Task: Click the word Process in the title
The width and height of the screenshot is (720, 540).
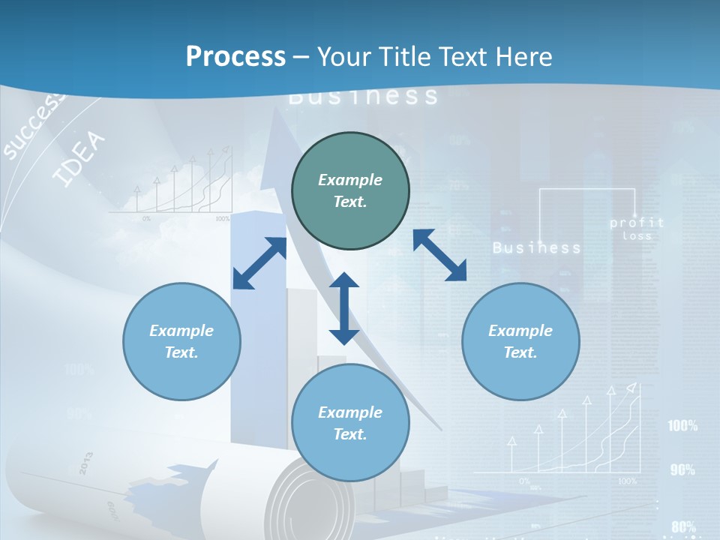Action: [235, 57]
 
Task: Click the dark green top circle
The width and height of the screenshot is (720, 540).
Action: [350, 191]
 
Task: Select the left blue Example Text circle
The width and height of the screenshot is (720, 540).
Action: [181, 341]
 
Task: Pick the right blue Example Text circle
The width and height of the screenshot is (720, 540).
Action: [520, 341]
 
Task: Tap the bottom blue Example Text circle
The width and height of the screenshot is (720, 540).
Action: [350, 423]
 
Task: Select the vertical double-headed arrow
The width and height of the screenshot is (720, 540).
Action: [344, 308]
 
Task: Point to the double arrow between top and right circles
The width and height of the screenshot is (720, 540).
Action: [439, 255]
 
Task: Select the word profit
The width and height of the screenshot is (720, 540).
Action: [637, 223]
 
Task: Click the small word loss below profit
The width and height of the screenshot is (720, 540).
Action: [637, 236]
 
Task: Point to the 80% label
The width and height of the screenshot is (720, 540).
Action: [683, 526]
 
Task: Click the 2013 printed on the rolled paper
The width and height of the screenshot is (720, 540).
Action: [84, 463]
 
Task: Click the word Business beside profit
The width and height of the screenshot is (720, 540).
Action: [536, 247]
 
